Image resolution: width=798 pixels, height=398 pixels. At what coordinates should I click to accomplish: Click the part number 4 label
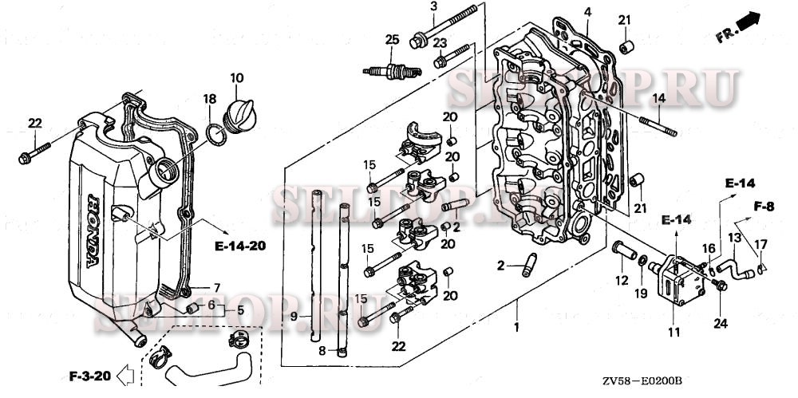[x=587, y=12]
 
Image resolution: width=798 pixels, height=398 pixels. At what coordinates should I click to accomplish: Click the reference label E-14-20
[x=239, y=246]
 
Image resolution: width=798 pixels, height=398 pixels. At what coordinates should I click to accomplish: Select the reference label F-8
[x=764, y=206]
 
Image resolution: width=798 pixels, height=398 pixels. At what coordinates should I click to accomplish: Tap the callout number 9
[x=294, y=317]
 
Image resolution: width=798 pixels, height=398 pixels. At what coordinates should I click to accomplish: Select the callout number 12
[x=621, y=280]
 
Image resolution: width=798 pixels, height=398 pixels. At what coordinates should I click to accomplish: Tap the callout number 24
[x=721, y=323]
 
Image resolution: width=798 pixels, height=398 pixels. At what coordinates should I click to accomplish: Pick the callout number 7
[x=215, y=287]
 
